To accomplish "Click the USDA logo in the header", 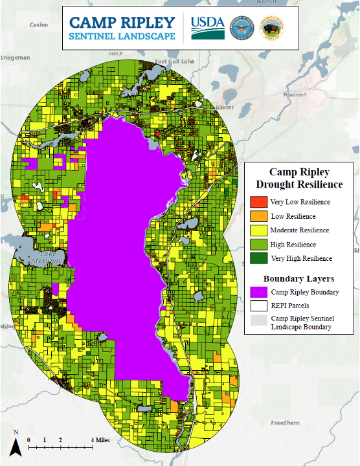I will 207,28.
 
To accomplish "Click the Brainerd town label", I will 294,94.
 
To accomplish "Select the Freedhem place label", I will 284,423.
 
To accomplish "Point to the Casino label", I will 39,25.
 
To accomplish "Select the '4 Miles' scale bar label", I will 100,440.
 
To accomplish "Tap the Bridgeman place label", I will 14,58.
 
